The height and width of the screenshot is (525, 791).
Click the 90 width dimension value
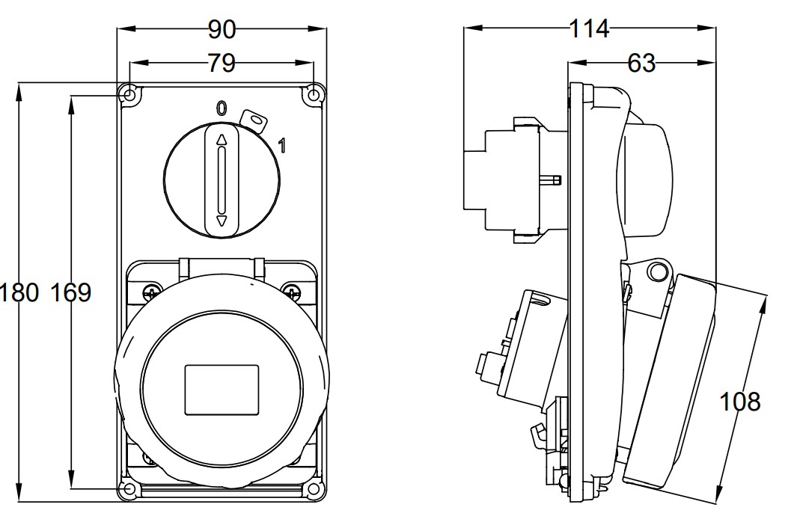pos(222,30)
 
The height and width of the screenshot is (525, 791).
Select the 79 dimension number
pos(222,64)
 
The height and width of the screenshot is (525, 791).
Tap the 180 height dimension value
pos(20,292)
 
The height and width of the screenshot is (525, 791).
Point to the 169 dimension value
pos(71,292)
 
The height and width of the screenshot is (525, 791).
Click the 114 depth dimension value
pos(589,29)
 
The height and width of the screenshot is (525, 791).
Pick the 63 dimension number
pos(641,64)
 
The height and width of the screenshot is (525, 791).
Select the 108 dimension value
pos(740,402)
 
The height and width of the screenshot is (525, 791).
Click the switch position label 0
pos(221,108)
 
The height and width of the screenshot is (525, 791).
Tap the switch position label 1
pos(281,145)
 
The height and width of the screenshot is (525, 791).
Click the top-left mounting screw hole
pos(129,95)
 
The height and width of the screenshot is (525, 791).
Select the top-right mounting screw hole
pos(314,95)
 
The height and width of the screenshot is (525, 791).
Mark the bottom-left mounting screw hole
pos(129,489)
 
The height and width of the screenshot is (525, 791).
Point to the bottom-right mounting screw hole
pos(314,489)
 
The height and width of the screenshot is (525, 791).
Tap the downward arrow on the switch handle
pos(222,221)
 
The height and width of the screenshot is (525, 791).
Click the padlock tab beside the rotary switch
pos(255,120)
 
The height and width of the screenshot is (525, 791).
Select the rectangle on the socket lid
pos(222,389)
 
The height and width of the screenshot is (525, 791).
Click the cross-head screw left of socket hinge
pos(153,290)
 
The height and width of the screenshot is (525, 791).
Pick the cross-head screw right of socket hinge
pos(290,290)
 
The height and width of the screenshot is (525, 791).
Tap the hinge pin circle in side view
pos(656,270)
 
